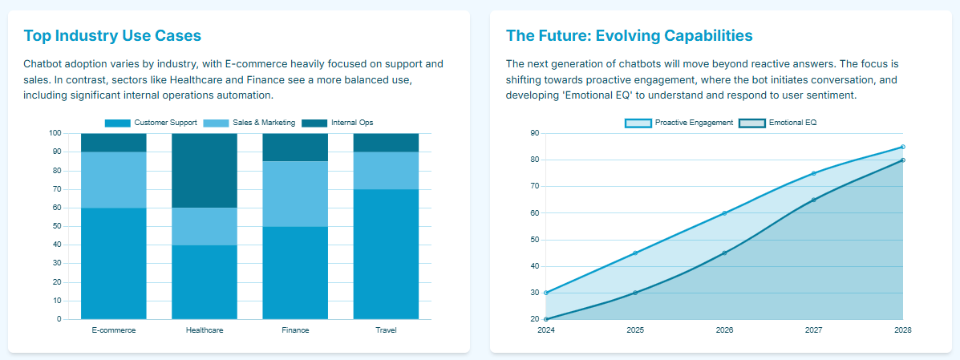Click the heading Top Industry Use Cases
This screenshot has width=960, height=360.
point(112,36)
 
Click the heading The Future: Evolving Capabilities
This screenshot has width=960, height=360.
point(629,36)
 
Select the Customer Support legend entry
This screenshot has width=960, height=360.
point(152,123)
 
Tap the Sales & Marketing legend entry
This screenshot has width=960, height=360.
point(249,123)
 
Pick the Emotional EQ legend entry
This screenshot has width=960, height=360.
point(777,123)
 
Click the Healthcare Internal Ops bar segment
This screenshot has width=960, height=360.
point(205,170)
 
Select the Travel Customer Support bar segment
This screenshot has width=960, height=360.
point(386,254)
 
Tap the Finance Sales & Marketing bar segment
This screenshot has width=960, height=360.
point(295,194)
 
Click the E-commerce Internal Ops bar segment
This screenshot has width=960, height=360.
point(114,143)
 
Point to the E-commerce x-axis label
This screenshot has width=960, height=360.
point(114,330)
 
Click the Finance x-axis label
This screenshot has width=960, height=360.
point(295,330)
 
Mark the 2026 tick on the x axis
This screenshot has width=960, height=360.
point(724,330)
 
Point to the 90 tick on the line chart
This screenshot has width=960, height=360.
point(535,133)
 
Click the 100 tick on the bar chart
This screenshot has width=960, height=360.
point(55,133)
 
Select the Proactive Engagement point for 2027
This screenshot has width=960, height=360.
point(813,173)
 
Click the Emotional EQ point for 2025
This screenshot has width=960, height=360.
point(635,293)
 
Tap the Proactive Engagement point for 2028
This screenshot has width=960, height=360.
point(902,147)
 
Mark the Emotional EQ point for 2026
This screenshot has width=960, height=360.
point(724,253)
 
